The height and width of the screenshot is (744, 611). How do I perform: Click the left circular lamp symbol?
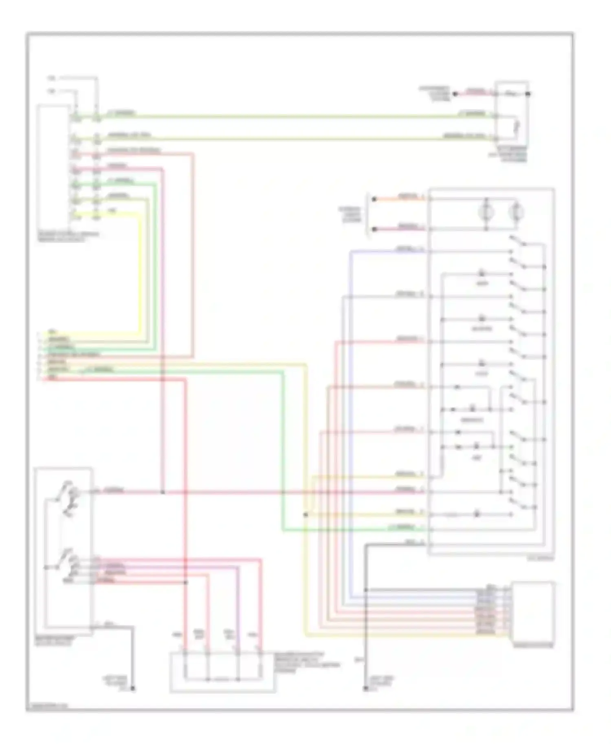[486, 212]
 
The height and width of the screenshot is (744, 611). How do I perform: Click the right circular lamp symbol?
[516, 212]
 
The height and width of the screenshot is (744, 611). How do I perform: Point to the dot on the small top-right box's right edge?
[528, 94]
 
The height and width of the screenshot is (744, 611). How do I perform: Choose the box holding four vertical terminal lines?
[222, 672]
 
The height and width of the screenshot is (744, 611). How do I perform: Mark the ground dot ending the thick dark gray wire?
[132, 689]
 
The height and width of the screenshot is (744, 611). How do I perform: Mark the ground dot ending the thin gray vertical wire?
[365, 689]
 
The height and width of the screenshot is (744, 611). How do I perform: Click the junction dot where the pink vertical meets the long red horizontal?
[162, 492]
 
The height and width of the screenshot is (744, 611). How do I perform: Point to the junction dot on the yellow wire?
[305, 515]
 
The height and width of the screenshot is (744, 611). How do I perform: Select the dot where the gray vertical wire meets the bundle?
[366, 590]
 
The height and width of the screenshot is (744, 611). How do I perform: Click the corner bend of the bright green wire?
[283, 530]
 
